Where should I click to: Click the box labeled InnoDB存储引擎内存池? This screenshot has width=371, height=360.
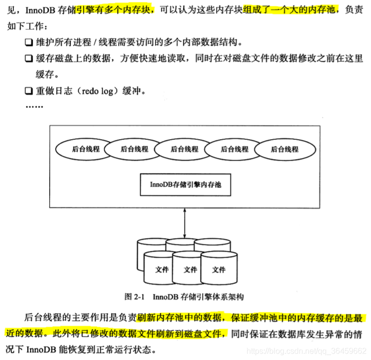(x=185, y=185)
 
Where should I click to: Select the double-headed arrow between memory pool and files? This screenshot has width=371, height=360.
(x=185, y=222)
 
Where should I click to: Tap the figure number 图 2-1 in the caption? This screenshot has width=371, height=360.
(x=134, y=297)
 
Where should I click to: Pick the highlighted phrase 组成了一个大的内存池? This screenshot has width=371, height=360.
(x=291, y=9)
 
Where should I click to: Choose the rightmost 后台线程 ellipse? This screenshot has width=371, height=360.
(x=284, y=149)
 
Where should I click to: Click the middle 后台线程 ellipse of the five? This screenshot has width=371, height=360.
(x=185, y=149)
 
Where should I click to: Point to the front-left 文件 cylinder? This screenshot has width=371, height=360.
(x=162, y=270)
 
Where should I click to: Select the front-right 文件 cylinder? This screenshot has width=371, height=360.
(x=219, y=270)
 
